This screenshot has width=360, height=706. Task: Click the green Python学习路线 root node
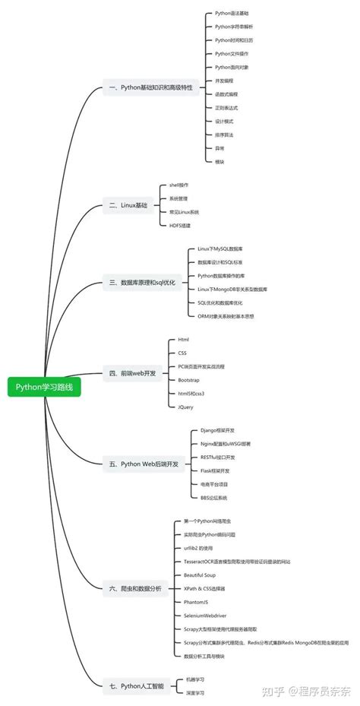pos(44,386)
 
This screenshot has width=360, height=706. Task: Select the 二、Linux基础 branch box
pos(128,204)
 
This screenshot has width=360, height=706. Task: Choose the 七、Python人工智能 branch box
pos(136,685)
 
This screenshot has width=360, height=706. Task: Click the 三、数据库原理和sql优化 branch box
pos(142,282)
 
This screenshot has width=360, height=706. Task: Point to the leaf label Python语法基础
pos(232,14)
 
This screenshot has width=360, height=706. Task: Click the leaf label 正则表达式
pos(226,107)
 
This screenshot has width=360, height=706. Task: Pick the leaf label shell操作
pos(179,185)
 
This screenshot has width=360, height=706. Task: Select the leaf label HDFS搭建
pos(181,225)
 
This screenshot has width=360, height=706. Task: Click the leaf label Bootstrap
pos(189,379)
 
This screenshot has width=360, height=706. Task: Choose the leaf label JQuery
pos(185,407)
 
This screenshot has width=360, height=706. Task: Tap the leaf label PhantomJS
pos(197,601)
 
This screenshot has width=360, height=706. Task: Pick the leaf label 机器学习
pos(195,679)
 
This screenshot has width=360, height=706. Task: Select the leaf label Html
pos(184,339)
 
